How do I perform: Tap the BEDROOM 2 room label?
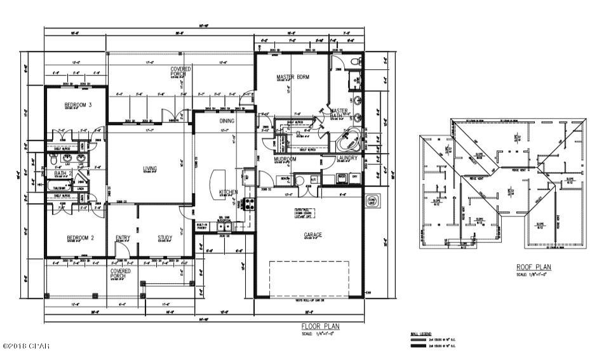coord(80,239)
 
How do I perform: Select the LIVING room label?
coord(150,168)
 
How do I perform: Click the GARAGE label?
coord(312,235)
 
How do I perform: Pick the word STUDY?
coord(165,239)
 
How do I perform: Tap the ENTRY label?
coord(123,239)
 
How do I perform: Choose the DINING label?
coord(227,121)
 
